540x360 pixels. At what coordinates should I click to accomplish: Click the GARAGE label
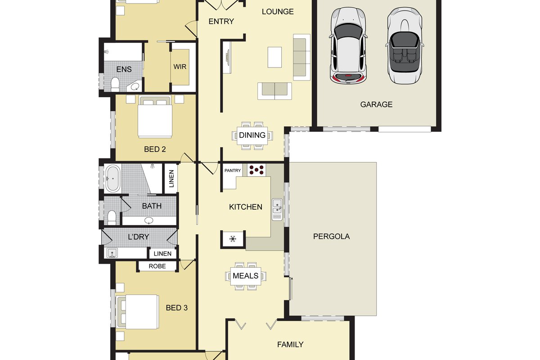(376, 104)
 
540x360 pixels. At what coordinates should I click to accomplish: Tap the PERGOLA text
(331, 236)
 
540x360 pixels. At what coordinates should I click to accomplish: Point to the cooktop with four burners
(256, 170)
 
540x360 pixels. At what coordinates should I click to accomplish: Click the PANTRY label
(233, 171)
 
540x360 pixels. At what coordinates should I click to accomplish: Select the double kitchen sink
(278, 209)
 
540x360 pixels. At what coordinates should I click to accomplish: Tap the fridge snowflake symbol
(233, 238)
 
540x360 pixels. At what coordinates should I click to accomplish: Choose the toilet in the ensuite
(115, 84)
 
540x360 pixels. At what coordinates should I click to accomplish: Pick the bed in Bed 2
(155, 117)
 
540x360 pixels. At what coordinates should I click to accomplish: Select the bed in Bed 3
(138, 310)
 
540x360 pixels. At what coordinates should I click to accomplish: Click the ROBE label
(157, 266)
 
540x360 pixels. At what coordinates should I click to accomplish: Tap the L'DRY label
(138, 237)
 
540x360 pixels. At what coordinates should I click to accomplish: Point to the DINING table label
(252, 135)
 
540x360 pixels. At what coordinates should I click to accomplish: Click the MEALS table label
(245, 275)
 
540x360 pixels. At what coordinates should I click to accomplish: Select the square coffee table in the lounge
(275, 57)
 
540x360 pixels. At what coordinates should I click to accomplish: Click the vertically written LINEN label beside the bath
(171, 179)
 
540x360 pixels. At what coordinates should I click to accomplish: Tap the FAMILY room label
(290, 345)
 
